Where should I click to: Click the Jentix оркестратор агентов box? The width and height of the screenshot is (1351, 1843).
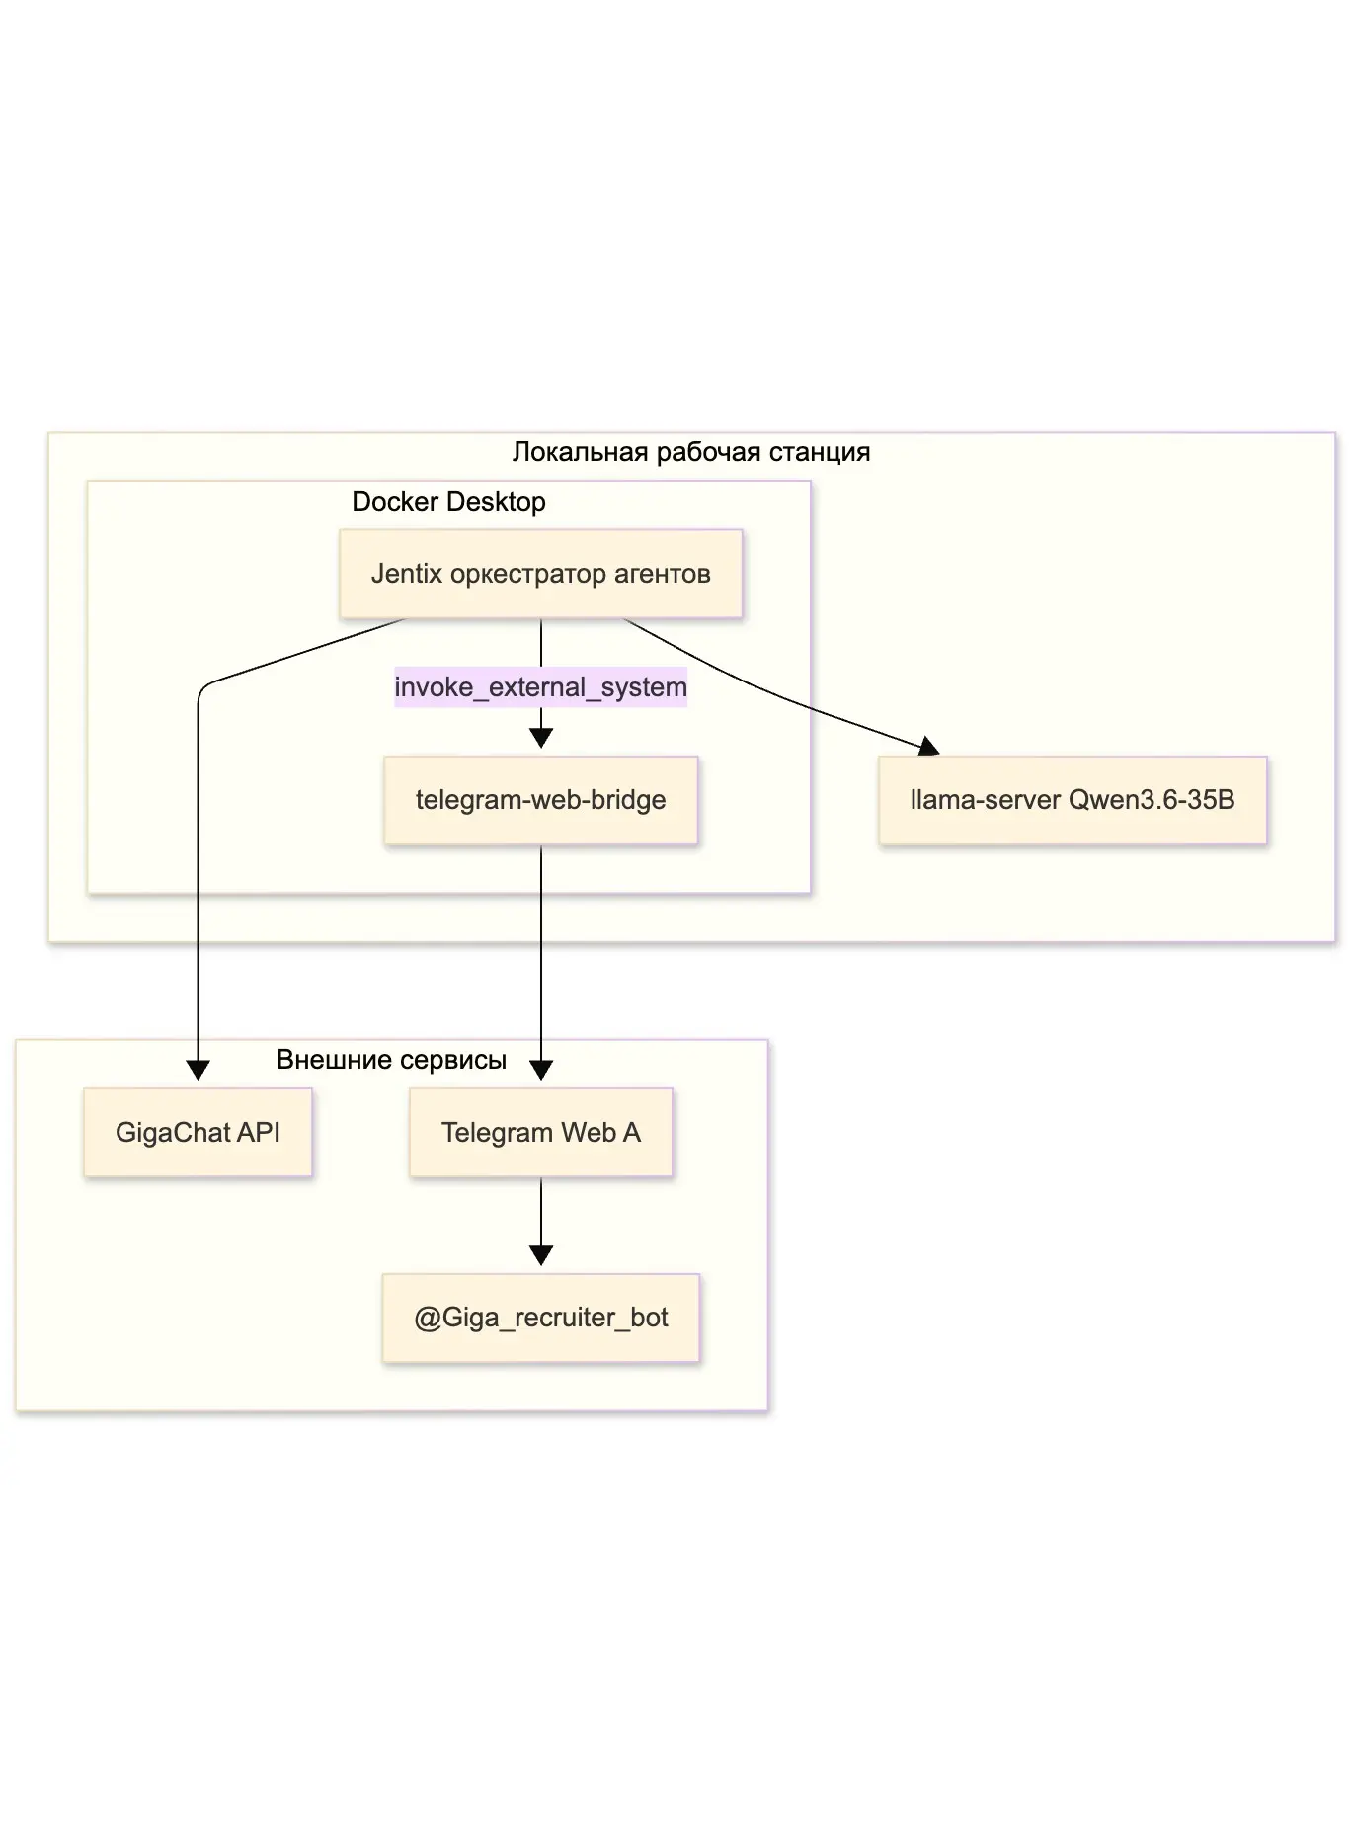click(540, 574)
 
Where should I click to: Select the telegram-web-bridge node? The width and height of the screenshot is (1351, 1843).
click(540, 800)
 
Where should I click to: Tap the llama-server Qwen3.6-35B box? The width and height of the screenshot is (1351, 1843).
click(1073, 800)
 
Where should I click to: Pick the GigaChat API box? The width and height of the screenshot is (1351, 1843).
click(198, 1132)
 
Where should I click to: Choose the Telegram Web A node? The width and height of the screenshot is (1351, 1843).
click(540, 1132)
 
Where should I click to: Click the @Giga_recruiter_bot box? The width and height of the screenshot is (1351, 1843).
click(540, 1318)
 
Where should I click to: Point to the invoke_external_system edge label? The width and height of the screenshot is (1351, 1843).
click(540, 687)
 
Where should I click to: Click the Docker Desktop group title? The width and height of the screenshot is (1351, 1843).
click(448, 502)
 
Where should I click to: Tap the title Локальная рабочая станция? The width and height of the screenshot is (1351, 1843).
click(691, 452)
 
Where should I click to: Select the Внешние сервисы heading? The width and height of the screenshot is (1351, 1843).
click(391, 1060)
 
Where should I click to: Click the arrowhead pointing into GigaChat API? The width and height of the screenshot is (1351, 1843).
click(198, 1070)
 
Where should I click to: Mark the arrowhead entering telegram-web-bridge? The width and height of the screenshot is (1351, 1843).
click(540, 738)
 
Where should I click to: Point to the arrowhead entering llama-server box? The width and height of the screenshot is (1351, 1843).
click(928, 747)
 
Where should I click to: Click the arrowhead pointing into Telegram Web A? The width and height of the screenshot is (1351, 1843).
click(540, 1070)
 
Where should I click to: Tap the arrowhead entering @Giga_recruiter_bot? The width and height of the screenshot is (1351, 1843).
click(540, 1255)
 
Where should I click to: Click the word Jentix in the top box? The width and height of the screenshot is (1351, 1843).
click(407, 574)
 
